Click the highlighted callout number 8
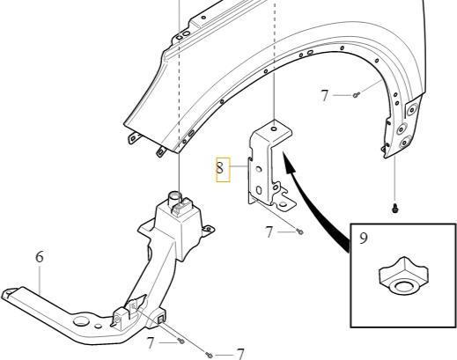pyautogui.click(x=219, y=168)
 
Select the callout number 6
pyautogui.click(x=40, y=257)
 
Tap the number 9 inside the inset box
pyautogui.click(x=364, y=238)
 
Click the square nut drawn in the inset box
pyautogui.click(x=403, y=276)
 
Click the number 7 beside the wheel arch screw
pyautogui.click(x=324, y=96)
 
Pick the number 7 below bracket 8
pyautogui.click(x=269, y=232)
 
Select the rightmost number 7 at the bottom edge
pyautogui.click(x=240, y=354)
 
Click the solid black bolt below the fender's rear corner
pyautogui.click(x=395, y=208)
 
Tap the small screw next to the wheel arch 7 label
pyautogui.click(x=357, y=95)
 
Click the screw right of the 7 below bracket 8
pyautogui.click(x=300, y=231)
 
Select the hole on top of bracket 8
pyautogui.click(x=274, y=129)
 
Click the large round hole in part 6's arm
pyautogui.click(x=81, y=321)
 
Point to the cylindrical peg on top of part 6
pyautogui.click(x=173, y=197)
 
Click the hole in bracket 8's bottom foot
pyautogui.click(x=283, y=204)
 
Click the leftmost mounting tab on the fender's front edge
pyautogui.click(x=134, y=137)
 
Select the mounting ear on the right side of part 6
pyautogui.click(x=208, y=229)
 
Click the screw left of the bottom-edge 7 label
pyautogui.click(x=210, y=356)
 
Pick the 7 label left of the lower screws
pyautogui.click(x=151, y=342)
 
